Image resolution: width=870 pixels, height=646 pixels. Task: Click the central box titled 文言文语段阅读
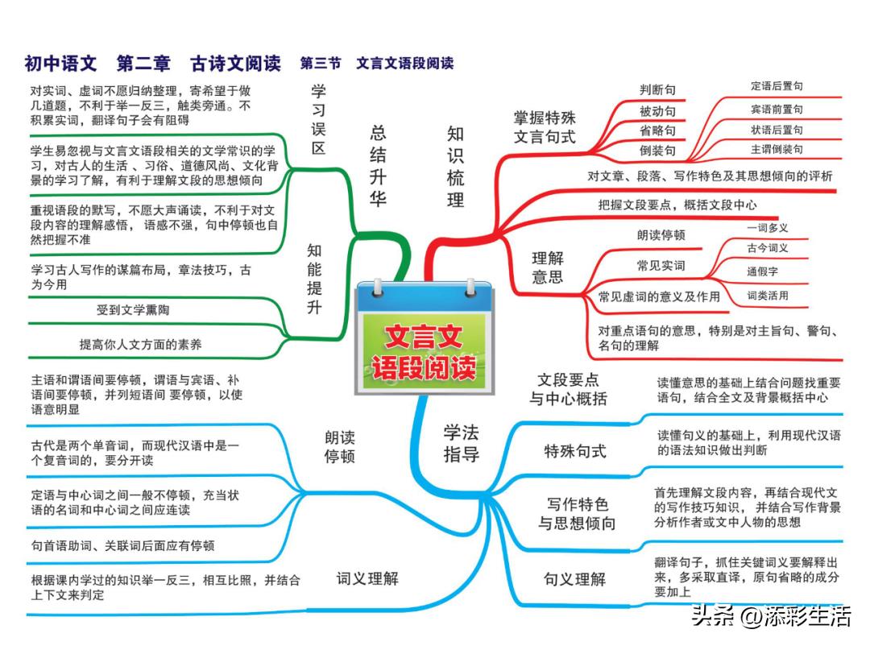(425, 337)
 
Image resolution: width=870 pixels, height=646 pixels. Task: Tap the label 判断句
(657, 90)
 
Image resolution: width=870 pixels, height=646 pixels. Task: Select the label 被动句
(657, 111)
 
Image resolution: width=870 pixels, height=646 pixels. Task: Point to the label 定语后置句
(777, 86)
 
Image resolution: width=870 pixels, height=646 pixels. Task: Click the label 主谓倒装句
(777, 149)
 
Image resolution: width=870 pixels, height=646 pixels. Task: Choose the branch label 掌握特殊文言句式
(545, 127)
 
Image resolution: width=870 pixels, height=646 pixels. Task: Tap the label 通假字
(762, 271)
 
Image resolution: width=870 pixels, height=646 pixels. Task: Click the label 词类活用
(768, 296)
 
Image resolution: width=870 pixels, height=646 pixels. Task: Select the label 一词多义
(768, 227)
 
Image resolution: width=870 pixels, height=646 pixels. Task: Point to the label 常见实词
(661, 265)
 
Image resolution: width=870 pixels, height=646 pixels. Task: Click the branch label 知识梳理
(455, 167)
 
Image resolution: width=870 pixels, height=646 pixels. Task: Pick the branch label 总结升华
(378, 165)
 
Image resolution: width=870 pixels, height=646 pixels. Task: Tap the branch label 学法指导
(461, 443)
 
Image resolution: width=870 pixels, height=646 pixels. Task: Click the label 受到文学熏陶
(133, 309)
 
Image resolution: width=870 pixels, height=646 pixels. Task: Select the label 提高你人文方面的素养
(140, 344)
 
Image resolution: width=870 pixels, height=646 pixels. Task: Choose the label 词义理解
(367, 579)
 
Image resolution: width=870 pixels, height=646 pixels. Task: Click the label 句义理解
(575, 579)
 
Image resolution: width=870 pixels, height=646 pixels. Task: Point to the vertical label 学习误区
(318, 119)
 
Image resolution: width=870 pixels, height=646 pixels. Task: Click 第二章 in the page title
(143, 64)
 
